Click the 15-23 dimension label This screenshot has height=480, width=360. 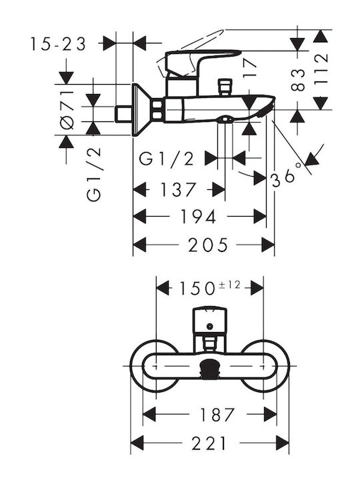click(x=58, y=44)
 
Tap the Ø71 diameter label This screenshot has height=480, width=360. click(x=67, y=110)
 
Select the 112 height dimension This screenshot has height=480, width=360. click(x=321, y=69)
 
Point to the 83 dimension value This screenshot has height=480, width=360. click(x=298, y=80)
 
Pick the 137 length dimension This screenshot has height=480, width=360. click(x=178, y=189)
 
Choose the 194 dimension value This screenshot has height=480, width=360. click(x=198, y=217)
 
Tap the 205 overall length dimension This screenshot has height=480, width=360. click(x=208, y=245)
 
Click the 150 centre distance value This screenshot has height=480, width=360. click(x=197, y=289)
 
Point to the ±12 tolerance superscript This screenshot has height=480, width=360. click(x=229, y=285)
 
